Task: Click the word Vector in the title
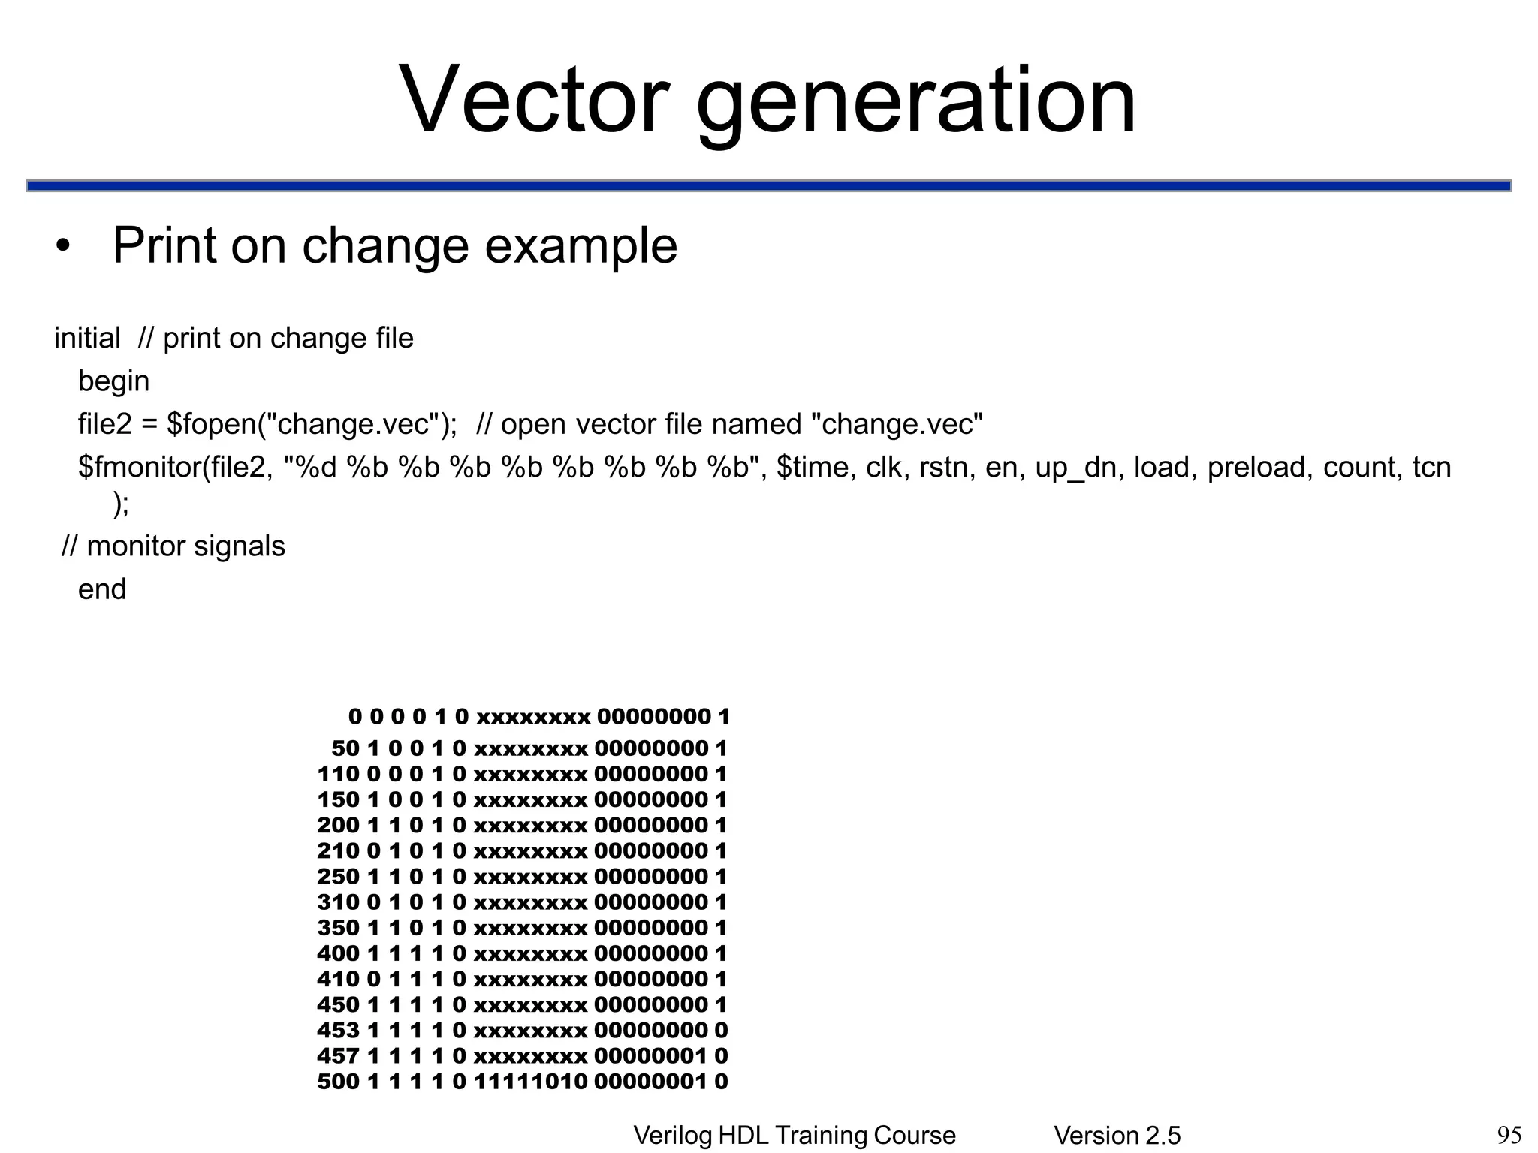click(534, 99)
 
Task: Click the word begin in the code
click(113, 381)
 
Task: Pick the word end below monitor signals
click(102, 589)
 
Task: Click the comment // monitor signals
click(173, 546)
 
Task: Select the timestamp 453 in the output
click(338, 1031)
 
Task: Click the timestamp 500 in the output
click(338, 1082)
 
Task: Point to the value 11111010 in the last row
click(530, 1082)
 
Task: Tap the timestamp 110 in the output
click(338, 774)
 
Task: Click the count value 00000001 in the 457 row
click(650, 1056)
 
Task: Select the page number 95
click(1509, 1136)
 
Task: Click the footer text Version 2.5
click(1117, 1136)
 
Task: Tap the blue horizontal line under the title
click(769, 185)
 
